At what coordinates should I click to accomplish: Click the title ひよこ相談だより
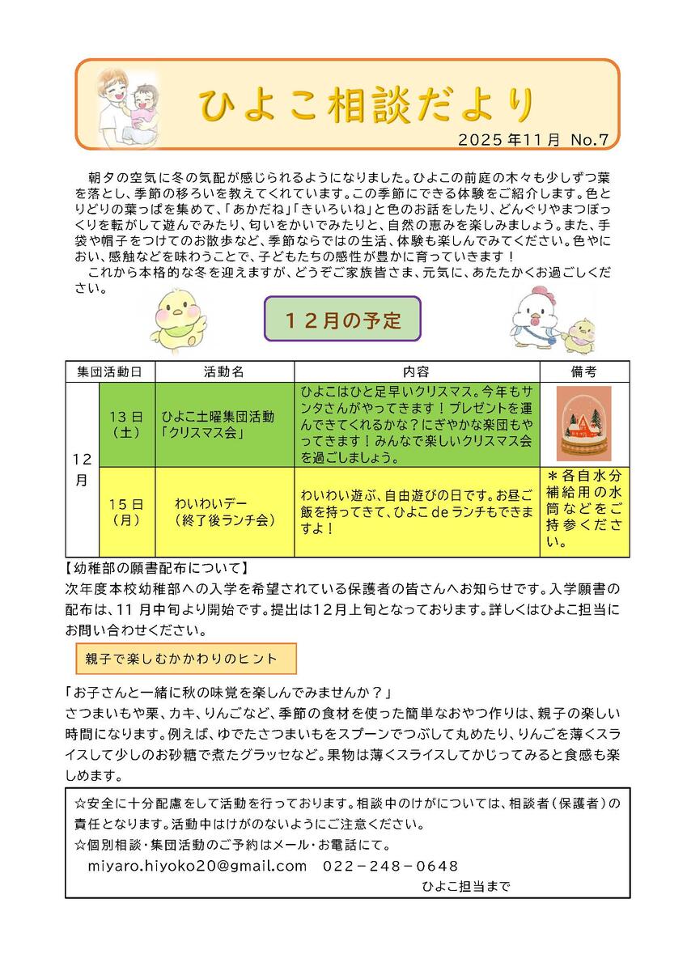point(366,105)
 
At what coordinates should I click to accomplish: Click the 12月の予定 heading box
point(343,320)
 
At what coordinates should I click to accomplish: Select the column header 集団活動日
point(110,371)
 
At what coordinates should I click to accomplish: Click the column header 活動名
point(224,371)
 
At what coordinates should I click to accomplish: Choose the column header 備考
point(583,371)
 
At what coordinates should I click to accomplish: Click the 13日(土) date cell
point(126,424)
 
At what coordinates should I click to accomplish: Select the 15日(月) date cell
point(126,512)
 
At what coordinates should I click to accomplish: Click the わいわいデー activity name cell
point(224,512)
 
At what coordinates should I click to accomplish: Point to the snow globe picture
point(583,423)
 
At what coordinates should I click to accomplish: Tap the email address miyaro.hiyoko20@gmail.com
point(197,866)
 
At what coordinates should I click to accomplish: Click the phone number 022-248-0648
point(391,866)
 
